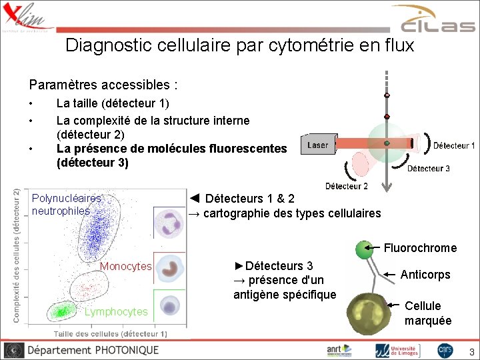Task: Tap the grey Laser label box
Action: click(x=318, y=145)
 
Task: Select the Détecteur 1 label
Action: click(x=454, y=145)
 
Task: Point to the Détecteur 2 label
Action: click(x=346, y=186)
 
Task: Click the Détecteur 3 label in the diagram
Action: click(x=428, y=169)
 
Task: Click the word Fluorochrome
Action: click(x=420, y=248)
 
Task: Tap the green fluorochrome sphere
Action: click(x=364, y=249)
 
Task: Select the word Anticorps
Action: click(x=425, y=275)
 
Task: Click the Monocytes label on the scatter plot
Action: click(x=125, y=267)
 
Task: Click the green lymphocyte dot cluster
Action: click(x=63, y=310)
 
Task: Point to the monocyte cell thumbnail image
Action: click(x=171, y=269)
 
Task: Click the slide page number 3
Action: click(x=471, y=351)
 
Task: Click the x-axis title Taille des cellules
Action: click(x=110, y=333)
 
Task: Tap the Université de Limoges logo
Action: click(x=397, y=350)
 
